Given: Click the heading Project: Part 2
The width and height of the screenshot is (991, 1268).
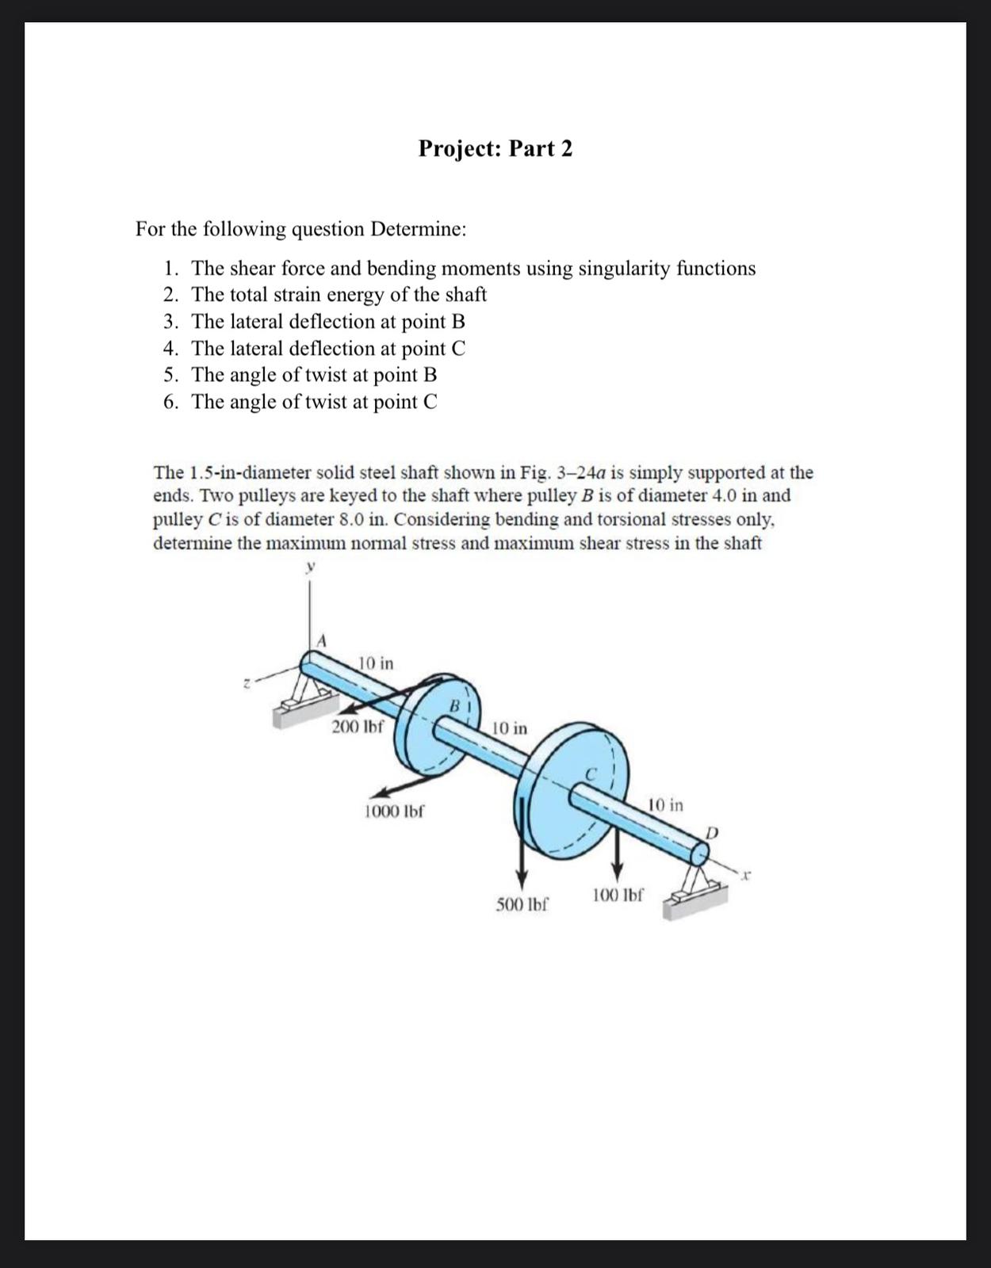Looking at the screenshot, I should click(x=495, y=148).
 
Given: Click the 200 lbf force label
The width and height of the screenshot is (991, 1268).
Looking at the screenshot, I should click(x=357, y=727).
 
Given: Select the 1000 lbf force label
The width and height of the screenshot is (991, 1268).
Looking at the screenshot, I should click(x=394, y=812).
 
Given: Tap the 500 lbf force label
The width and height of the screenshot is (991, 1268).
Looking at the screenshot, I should click(x=522, y=904).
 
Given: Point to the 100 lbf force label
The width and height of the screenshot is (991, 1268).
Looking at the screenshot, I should click(x=618, y=896).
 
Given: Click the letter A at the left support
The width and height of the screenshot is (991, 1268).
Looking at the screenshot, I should click(x=321, y=640).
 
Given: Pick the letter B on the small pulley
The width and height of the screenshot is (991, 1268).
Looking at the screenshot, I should click(x=456, y=705).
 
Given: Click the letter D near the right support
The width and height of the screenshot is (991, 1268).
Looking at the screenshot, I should click(x=711, y=833).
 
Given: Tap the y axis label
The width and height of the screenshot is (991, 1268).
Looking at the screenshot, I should click(x=311, y=567).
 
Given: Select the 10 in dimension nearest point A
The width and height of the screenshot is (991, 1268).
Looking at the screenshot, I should click(x=376, y=663).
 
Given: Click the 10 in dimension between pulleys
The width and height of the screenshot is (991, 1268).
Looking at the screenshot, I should click(x=509, y=728).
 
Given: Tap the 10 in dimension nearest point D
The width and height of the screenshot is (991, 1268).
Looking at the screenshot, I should click(x=665, y=805).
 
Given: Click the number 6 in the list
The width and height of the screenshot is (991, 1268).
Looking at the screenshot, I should click(x=170, y=402).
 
